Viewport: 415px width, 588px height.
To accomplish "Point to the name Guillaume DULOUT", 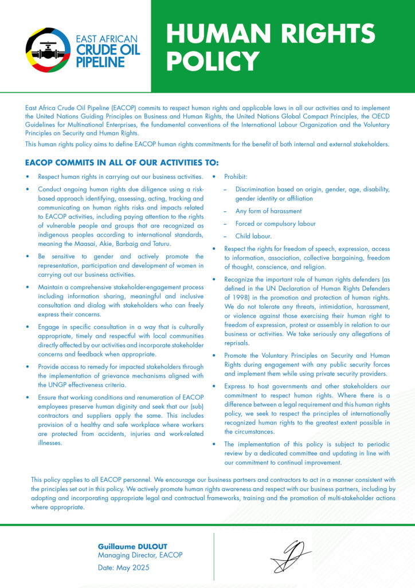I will pos(133,546).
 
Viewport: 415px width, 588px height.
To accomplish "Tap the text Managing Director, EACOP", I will pos(140,555).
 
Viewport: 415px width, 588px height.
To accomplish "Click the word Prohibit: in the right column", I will pos(236,177).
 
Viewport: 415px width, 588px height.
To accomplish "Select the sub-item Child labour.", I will pos(253,236).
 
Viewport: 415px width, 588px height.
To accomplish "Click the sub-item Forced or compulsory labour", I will pos(275,224).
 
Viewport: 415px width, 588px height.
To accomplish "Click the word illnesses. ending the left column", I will pos(50,443).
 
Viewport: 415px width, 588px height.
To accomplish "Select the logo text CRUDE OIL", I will pos(108,51).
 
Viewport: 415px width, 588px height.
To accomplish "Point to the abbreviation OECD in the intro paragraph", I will pos(381,117).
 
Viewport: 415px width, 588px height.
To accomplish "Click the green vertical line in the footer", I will pos(214,552).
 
